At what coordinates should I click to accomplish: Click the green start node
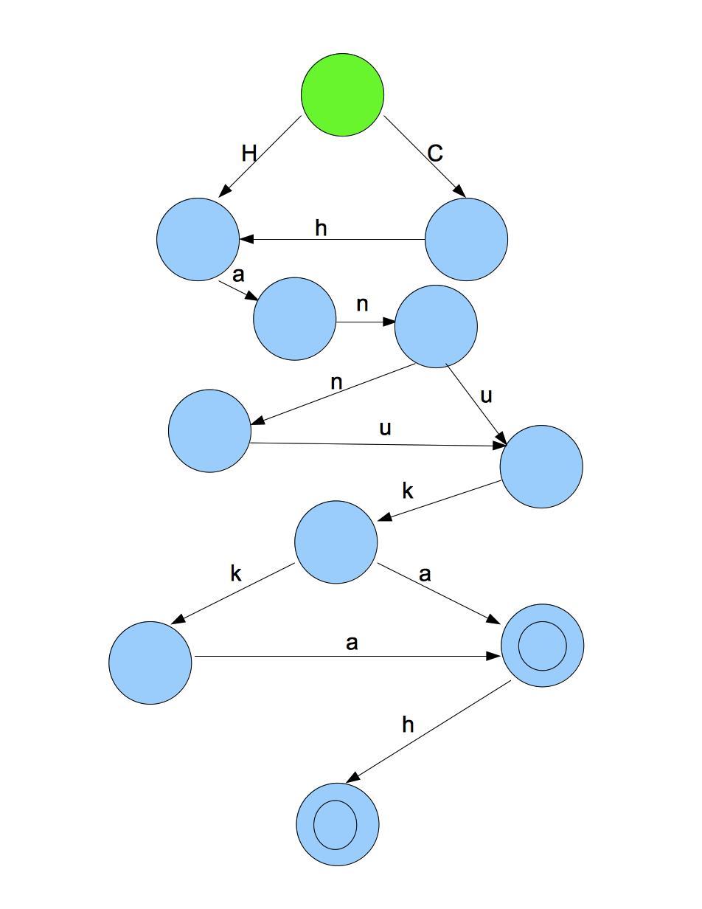342,94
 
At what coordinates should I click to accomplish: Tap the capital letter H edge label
249,153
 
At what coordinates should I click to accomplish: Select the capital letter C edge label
435,153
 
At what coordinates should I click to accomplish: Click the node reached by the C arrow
466,239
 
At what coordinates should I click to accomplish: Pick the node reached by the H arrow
198,239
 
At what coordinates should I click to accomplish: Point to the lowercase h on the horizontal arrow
321,229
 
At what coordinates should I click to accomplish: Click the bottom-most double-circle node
337,824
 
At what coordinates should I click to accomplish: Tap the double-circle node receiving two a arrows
542,646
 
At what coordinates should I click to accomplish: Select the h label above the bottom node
408,725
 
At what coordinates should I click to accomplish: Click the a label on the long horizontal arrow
352,643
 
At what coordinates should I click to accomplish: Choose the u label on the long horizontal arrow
384,429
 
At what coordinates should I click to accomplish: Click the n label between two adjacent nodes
362,305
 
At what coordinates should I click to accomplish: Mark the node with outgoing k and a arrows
336,542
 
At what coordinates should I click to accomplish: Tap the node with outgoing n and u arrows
436,326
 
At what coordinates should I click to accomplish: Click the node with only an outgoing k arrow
541,466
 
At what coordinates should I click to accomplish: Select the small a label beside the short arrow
237,275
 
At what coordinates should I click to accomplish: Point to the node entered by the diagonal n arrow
209,431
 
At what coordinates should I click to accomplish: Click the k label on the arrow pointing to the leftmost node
236,574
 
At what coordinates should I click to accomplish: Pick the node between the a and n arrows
294,319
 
